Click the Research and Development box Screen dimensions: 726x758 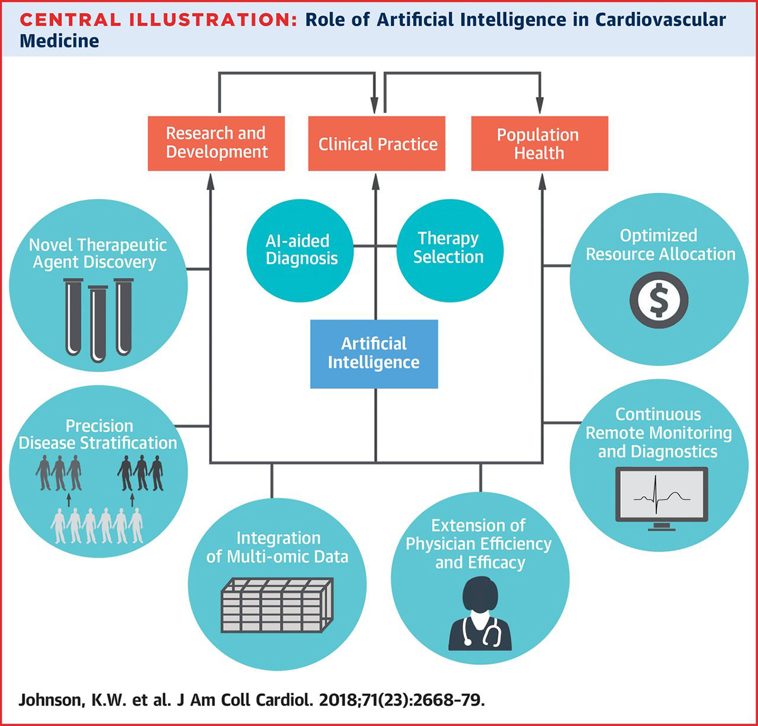tap(216, 143)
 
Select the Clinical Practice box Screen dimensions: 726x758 tap(376, 144)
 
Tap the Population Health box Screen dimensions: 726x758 tap(539, 144)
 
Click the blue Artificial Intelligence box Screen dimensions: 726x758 tap(374, 354)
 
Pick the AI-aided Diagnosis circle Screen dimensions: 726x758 tap(301, 250)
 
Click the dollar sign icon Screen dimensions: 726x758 tap(658, 300)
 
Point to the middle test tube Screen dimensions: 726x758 tap(98, 324)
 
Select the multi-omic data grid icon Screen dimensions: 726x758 tap(276, 604)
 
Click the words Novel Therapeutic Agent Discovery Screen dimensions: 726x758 tap(97, 254)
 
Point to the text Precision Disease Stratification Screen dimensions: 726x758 tap(98, 434)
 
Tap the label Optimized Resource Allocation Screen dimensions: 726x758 tap(660, 245)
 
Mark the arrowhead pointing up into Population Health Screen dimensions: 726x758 tap(542, 182)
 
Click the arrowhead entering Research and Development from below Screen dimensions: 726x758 tap(210, 182)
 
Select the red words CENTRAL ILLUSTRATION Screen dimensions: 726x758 tap(158, 20)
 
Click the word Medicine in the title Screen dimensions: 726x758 tap(59, 41)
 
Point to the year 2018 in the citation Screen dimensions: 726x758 tap(338, 700)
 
